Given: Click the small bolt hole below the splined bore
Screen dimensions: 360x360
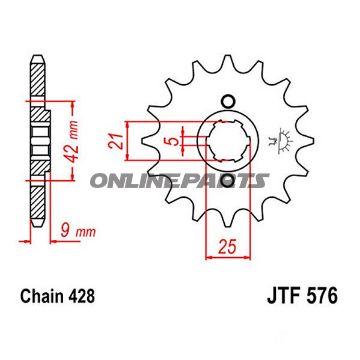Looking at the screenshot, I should pos(228,182).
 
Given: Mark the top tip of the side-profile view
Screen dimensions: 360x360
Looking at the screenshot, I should pos(38,50).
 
